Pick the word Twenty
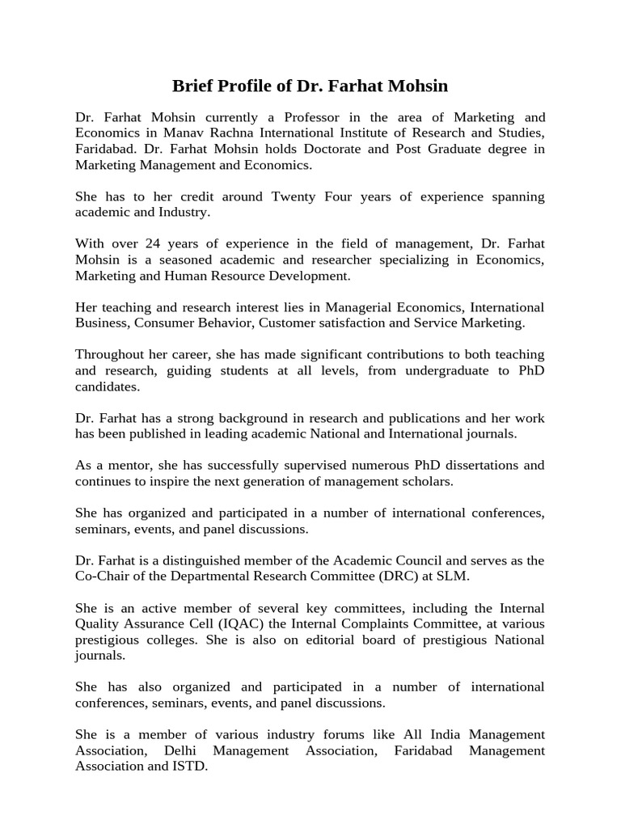tap(299, 196)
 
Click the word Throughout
tap(111, 355)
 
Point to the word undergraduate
tap(443, 370)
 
